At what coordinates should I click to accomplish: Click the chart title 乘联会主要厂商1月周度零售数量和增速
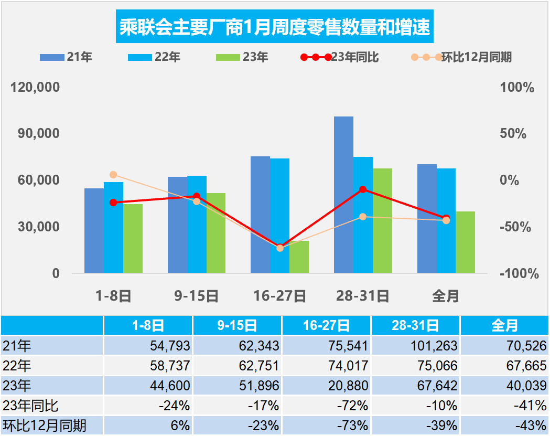pos(275,27)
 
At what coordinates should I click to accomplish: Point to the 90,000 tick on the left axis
pos(36,134)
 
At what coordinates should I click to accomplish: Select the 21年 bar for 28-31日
pos(343,194)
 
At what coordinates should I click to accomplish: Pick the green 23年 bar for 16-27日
pos(299,257)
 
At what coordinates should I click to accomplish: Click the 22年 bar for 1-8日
pos(113,227)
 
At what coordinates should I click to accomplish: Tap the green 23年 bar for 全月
pos(465,242)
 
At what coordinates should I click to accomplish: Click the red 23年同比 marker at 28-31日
pos(363,189)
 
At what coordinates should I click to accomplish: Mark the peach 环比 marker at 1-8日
pos(113,175)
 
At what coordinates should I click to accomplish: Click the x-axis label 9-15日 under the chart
pos(196,296)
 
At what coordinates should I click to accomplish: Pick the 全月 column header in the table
pos(504,326)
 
